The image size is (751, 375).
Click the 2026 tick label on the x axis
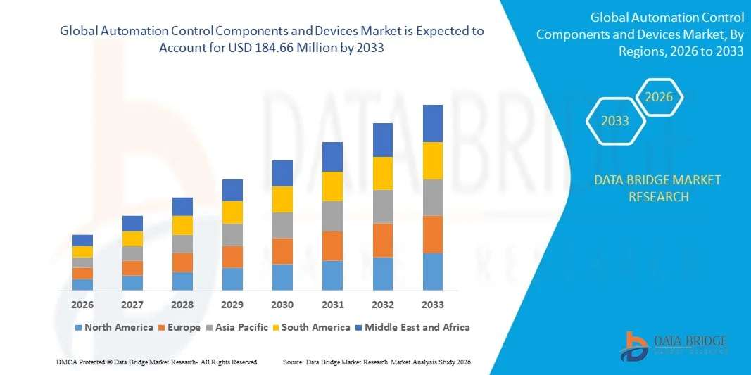pyautogui.click(x=82, y=305)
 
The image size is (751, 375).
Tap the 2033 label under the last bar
pyautogui.click(x=433, y=305)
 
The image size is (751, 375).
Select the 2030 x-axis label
pyautogui.click(x=282, y=305)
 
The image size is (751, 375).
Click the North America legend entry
pyautogui.click(x=113, y=327)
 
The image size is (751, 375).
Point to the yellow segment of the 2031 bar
pyautogui.click(x=332, y=186)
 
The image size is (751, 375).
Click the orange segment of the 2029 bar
pyautogui.click(x=232, y=257)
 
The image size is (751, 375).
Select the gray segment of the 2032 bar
pyautogui.click(x=383, y=206)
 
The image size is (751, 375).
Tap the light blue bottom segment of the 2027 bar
pyautogui.click(x=132, y=283)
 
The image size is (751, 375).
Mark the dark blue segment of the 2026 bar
pyautogui.click(x=82, y=240)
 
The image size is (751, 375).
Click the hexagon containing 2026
pyautogui.click(x=660, y=97)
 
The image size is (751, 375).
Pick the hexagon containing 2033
pyautogui.click(x=615, y=121)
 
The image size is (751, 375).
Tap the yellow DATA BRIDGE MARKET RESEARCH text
pyautogui.click(x=657, y=188)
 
